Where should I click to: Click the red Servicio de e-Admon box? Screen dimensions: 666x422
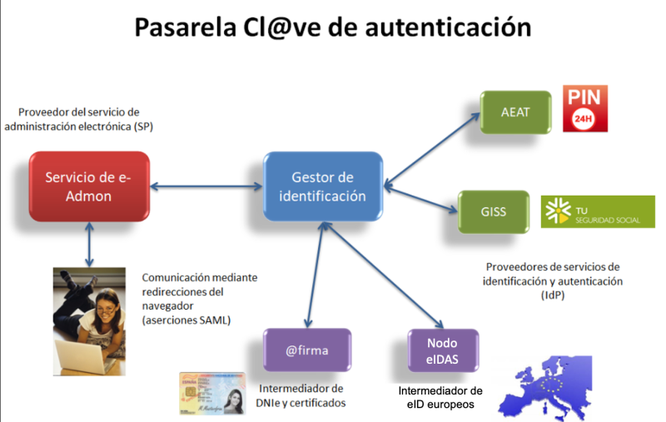point(89,186)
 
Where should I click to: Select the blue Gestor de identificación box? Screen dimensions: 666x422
point(323,186)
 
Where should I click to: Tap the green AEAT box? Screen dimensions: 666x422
point(515,112)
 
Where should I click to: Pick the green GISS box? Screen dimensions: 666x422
point(494,211)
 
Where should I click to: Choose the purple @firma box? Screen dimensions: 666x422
point(307,350)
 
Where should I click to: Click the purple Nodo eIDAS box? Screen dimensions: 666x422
point(443,350)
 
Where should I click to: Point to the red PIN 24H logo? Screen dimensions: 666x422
point(585,108)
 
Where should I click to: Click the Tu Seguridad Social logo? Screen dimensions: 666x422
point(598,212)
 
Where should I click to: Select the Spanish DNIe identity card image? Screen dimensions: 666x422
point(212,393)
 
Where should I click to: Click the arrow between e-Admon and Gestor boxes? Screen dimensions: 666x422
point(206,186)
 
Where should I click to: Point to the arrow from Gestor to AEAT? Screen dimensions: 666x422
point(432,150)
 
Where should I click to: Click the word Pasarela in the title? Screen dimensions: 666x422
point(185,27)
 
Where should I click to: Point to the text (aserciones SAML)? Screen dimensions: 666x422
point(186,320)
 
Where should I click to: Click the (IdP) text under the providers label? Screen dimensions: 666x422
point(553,295)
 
